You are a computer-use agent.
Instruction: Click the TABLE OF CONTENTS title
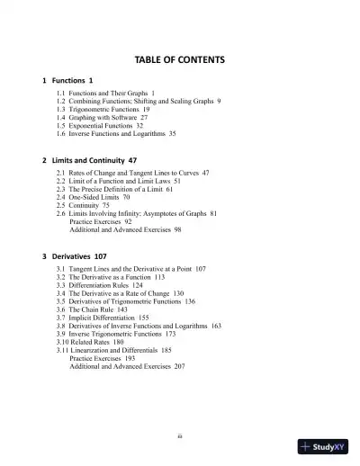point(179,59)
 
